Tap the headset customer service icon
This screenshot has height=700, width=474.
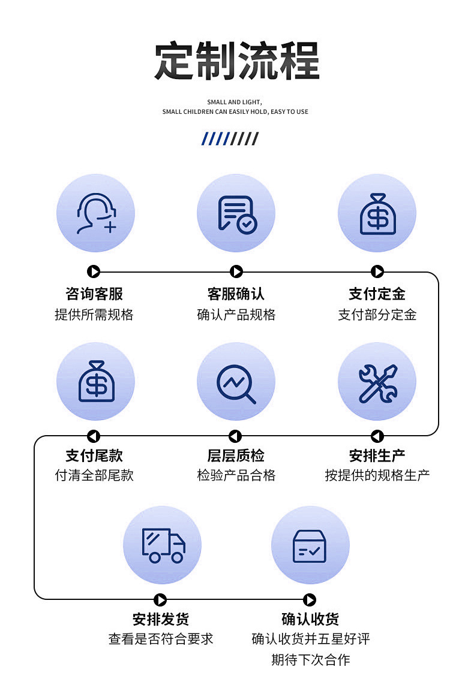click(x=95, y=213)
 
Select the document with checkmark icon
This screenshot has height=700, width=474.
click(x=236, y=213)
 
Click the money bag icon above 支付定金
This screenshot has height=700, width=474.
click(x=377, y=213)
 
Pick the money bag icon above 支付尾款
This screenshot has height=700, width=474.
click(x=95, y=381)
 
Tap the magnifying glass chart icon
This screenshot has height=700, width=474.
click(x=236, y=381)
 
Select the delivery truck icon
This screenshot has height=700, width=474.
click(x=162, y=545)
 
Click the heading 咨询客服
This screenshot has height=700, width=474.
click(x=94, y=294)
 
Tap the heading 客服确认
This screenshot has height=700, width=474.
click(x=236, y=294)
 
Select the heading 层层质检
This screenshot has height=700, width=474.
click(x=236, y=455)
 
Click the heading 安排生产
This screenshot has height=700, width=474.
click(x=377, y=455)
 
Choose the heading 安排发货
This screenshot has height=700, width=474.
click(x=161, y=619)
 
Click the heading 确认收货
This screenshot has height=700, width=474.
click(x=310, y=619)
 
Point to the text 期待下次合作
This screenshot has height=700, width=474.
click(x=310, y=660)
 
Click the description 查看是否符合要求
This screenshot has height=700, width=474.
click(x=161, y=639)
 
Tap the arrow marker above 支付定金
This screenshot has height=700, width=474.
click(x=377, y=272)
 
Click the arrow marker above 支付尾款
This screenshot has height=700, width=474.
click(x=94, y=436)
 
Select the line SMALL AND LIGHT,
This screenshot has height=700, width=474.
click(x=235, y=102)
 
